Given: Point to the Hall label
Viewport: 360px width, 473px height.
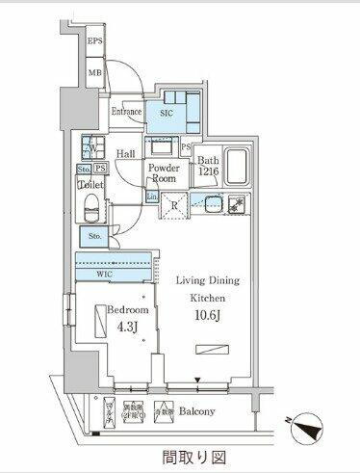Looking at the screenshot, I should point(125,153).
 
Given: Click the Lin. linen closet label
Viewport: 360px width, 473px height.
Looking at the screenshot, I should point(151,197).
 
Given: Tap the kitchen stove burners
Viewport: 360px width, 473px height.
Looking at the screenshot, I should point(235,204).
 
